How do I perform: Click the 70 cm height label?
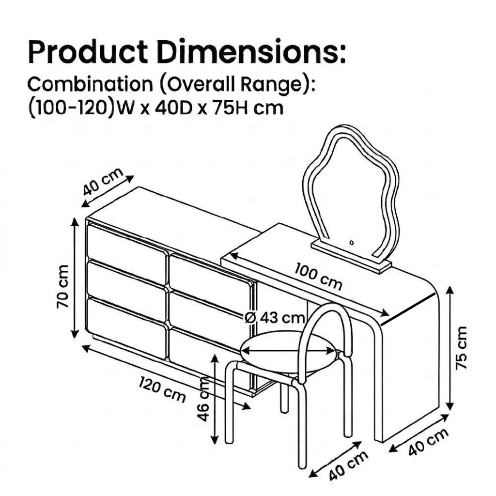pyautogui.click(x=62, y=287)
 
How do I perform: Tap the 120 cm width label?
pyautogui.click(x=162, y=389)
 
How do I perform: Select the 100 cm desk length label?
pyautogui.click(x=318, y=276)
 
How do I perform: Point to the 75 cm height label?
pyautogui.click(x=461, y=347)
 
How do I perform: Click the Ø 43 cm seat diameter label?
pyautogui.click(x=275, y=317)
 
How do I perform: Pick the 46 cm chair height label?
pyautogui.click(x=203, y=399)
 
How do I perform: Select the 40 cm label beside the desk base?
pyautogui.click(x=428, y=442)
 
